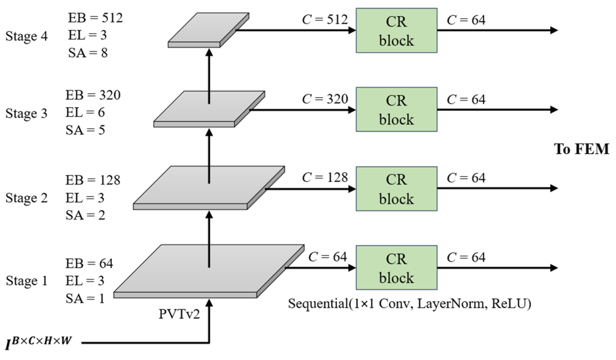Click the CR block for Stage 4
396,30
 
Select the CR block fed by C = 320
396,110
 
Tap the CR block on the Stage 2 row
396,189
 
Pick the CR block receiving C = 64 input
396,268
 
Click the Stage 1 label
27,281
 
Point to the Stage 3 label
26,113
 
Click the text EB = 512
95,18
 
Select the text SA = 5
85,130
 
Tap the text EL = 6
85,113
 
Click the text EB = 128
93,180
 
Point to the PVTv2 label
179,314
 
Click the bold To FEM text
581,149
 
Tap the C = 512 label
325,20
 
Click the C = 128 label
325,177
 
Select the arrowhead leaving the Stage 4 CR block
554,30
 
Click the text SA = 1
85,299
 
